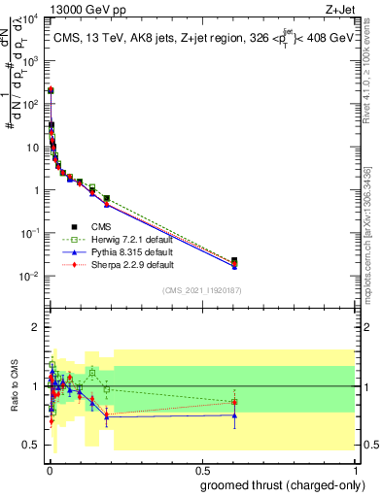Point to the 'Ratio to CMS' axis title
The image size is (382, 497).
point(16,386)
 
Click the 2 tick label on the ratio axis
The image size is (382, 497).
point(36,327)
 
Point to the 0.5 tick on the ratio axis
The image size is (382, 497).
point(32,445)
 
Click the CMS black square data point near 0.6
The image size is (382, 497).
point(233,260)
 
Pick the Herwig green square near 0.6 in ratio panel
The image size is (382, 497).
point(233,401)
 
